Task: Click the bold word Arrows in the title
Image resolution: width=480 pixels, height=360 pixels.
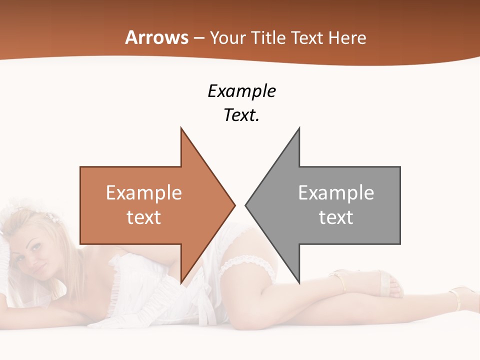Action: click(156, 37)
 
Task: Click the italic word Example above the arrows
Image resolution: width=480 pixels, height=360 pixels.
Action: click(241, 91)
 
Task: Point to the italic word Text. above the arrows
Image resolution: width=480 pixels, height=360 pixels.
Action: click(241, 115)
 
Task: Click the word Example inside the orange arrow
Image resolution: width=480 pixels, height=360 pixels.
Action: click(144, 192)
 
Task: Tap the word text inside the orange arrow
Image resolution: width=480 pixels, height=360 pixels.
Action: click(144, 217)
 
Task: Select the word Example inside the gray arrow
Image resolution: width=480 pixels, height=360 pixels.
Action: click(336, 192)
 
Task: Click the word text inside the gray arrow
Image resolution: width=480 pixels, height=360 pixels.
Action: click(336, 217)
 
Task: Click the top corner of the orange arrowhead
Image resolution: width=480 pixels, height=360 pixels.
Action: click(181, 128)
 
